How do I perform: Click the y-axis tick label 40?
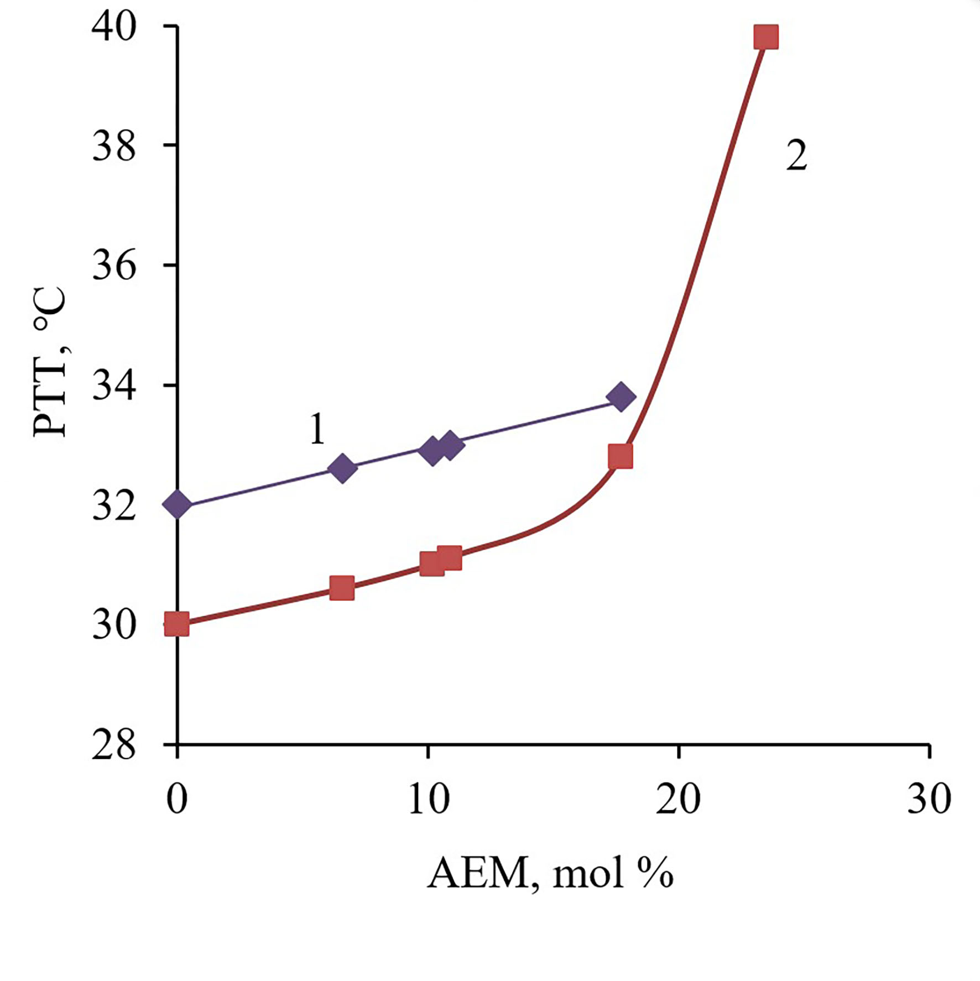point(114,26)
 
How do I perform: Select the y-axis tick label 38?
point(114,146)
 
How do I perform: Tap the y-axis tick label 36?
point(114,265)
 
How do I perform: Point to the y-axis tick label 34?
point(114,385)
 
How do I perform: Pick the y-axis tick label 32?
point(114,505)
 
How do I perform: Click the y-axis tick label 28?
point(114,746)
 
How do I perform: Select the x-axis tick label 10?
point(428,799)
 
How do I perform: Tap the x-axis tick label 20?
point(678,799)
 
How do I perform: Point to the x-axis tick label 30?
point(929,799)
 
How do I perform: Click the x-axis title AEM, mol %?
point(550,874)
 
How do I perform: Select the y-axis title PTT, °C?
point(50,362)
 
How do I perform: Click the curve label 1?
point(317,430)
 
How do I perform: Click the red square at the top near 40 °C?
point(767,37)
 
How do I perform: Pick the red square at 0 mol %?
point(177,624)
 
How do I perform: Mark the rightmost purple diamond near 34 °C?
point(621,396)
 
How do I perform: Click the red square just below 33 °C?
point(620,457)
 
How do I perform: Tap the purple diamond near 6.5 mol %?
point(342,468)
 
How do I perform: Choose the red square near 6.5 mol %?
point(341,588)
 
